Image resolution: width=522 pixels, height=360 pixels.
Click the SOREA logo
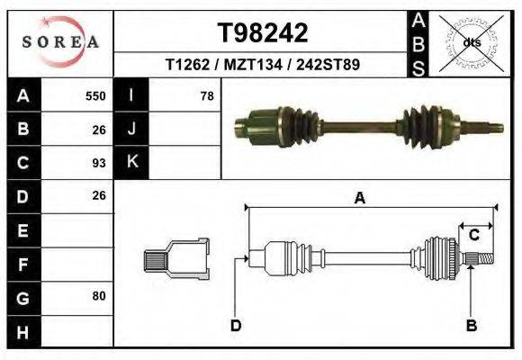(x=60, y=42)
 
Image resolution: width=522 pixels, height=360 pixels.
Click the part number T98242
(x=263, y=33)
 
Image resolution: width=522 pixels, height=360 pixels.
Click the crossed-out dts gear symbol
(x=471, y=42)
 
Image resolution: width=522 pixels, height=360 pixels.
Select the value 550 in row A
(x=94, y=96)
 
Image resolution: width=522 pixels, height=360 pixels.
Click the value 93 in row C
(x=99, y=163)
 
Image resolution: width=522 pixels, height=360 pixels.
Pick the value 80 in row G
(x=99, y=296)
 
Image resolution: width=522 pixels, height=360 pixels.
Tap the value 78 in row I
(x=206, y=96)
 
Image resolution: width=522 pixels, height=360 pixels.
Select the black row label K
(x=131, y=163)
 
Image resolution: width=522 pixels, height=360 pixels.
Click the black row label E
(x=22, y=230)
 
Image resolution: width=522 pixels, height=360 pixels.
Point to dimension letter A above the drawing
(x=359, y=199)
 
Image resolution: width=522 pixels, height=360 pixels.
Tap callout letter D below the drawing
(x=235, y=325)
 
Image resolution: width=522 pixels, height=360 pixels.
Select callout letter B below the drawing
(x=470, y=325)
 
